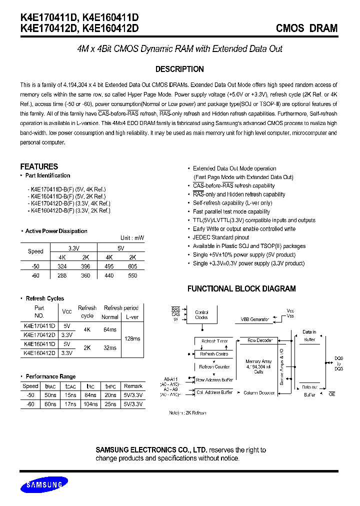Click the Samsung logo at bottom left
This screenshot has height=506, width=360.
click(43, 484)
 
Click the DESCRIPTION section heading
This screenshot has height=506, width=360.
click(179, 69)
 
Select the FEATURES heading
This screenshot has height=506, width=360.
click(39, 166)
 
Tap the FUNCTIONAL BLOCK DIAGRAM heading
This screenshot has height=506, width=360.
click(241, 288)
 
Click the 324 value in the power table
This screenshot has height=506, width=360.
click(62, 266)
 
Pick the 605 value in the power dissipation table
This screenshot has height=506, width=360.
click(132, 266)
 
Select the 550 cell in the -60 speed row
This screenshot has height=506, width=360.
click(132, 275)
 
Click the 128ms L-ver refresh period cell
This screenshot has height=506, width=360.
click(132, 339)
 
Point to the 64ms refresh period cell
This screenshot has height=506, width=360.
click(110, 330)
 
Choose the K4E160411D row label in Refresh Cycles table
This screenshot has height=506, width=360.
click(39, 344)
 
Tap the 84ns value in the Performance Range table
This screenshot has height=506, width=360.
click(90, 395)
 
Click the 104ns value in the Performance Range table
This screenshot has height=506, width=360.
click(90, 404)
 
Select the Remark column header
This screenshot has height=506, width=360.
click(133, 386)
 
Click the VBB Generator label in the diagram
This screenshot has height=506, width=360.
click(255, 318)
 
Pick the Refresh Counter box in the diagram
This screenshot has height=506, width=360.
click(215, 366)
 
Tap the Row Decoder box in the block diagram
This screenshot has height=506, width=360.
click(260, 340)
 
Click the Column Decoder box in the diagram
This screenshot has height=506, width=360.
click(259, 393)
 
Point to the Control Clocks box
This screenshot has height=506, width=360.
click(202, 314)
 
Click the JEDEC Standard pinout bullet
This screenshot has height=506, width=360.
click(221, 237)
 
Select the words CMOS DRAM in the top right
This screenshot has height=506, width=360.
click(306, 28)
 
